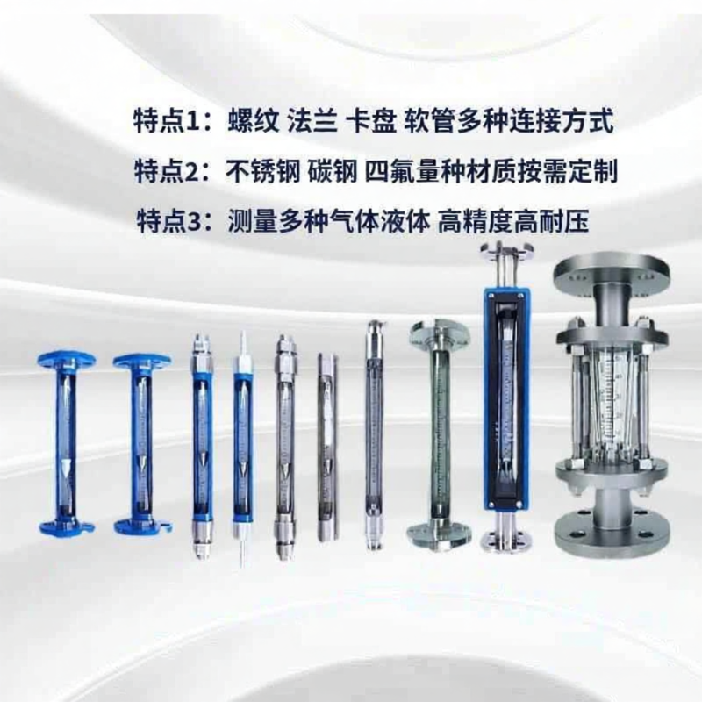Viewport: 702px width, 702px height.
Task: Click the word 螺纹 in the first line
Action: pyautogui.click(x=254, y=120)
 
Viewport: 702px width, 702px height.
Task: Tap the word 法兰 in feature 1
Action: pyautogui.click(x=312, y=120)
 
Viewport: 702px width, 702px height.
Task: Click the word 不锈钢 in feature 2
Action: pyautogui.click(x=263, y=170)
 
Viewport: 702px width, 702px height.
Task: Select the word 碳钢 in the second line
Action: pyautogui.click(x=333, y=170)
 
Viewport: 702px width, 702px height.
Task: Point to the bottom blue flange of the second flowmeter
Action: pyautogui.click(x=142, y=526)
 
